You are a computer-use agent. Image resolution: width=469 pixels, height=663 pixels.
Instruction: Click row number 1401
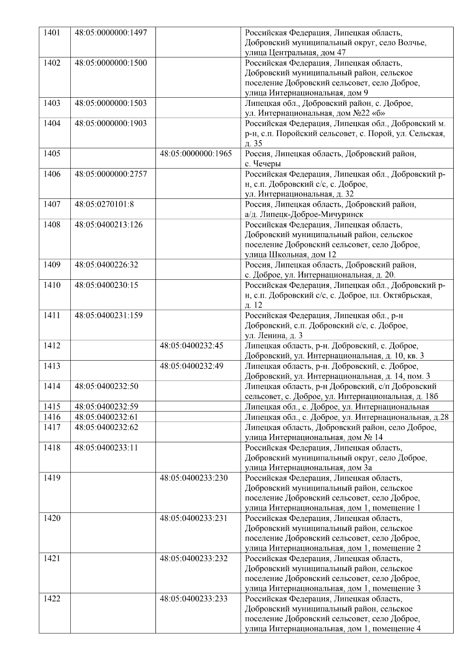click(x=52, y=33)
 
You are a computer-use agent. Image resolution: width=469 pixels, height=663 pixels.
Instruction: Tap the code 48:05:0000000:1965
click(x=196, y=154)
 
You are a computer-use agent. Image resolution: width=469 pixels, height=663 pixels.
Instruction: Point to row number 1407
click(x=52, y=204)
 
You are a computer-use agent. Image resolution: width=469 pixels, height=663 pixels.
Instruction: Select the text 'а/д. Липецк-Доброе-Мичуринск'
click(x=304, y=214)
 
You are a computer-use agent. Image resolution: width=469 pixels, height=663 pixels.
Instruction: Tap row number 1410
click(x=52, y=285)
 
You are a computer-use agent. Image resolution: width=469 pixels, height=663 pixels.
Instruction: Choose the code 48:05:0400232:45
click(x=192, y=346)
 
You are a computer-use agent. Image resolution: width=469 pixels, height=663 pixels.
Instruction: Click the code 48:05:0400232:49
click(x=192, y=366)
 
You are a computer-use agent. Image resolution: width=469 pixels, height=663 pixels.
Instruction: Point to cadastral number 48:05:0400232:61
click(x=106, y=417)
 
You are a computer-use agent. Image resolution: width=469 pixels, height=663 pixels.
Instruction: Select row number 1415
click(x=52, y=407)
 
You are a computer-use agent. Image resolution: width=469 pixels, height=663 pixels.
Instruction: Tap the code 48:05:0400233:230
click(x=194, y=478)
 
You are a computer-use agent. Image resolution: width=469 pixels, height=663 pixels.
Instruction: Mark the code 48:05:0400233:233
click(x=194, y=599)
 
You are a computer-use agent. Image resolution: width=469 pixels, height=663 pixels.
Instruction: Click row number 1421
click(x=52, y=559)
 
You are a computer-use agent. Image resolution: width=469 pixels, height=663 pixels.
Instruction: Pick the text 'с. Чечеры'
click(x=263, y=164)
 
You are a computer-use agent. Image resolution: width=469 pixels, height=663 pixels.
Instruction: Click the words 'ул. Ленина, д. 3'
click(x=274, y=336)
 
